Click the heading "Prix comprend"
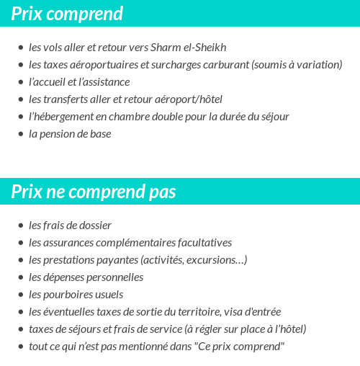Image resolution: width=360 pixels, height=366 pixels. (67, 14)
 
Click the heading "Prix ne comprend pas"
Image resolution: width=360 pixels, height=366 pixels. (94, 192)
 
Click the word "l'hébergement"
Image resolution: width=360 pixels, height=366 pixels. (60, 117)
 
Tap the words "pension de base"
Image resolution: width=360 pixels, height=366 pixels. (76, 134)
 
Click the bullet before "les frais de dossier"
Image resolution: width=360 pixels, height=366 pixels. (20, 226)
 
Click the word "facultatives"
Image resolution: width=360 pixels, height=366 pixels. (204, 243)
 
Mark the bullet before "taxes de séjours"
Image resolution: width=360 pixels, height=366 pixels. (20, 329)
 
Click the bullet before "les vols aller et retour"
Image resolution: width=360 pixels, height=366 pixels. (20, 48)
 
